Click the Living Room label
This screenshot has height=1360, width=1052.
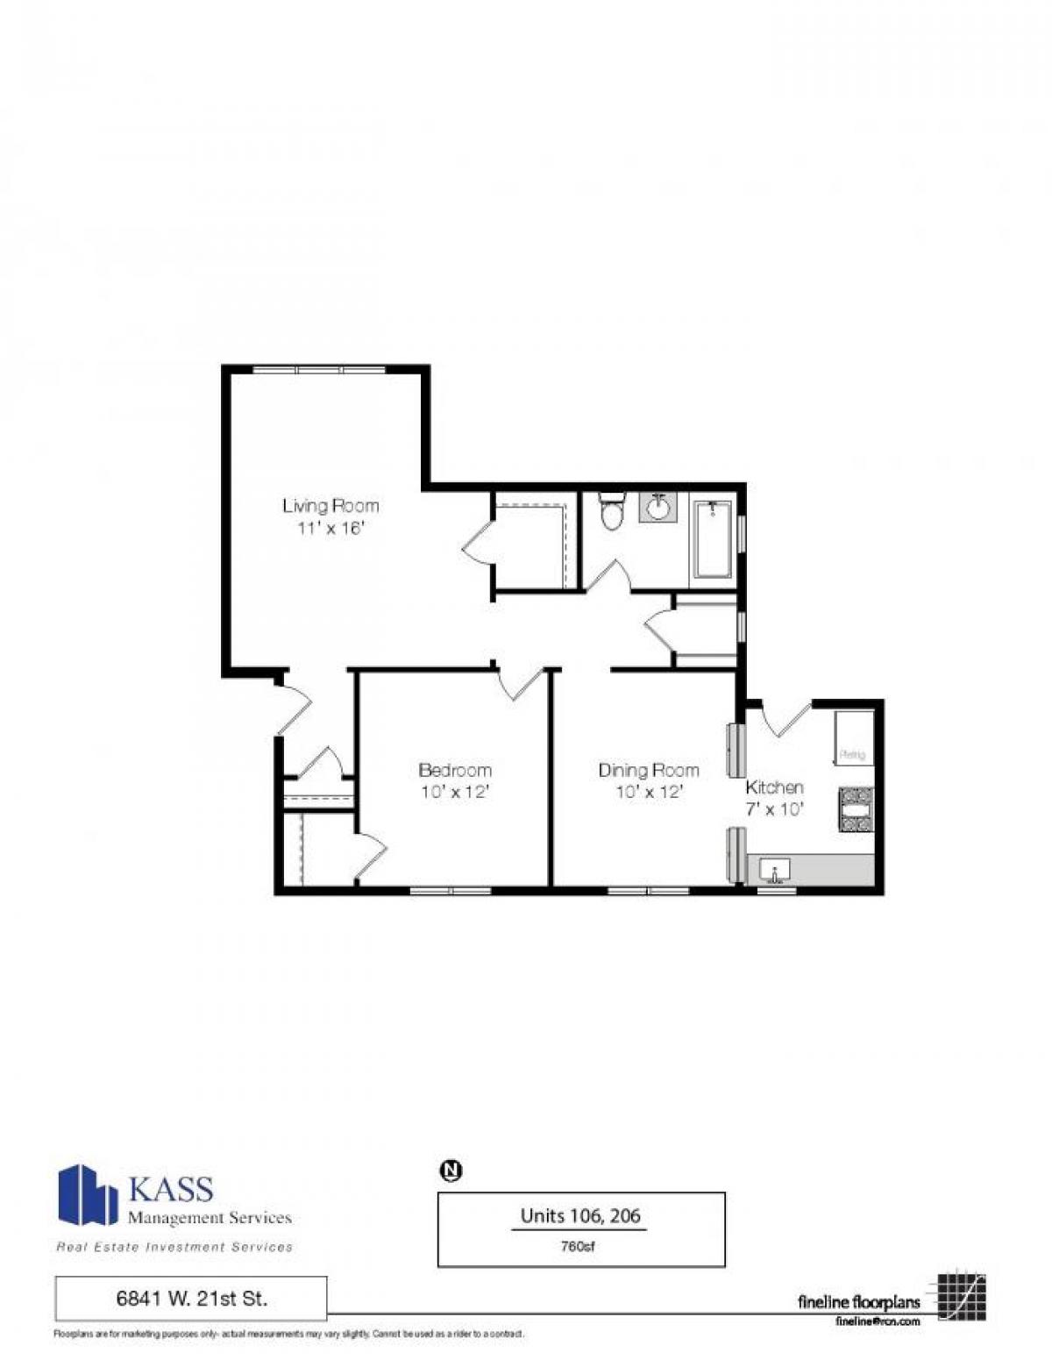(x=331, y=506)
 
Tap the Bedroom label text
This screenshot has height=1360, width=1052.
(x=454, y=770)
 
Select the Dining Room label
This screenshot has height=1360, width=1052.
(x=648, y=770)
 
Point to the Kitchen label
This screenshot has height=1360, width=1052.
(x=774, y=787)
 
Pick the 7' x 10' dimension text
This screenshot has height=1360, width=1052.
(x=774, y=809)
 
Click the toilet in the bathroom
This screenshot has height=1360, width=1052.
(x=611, y=512)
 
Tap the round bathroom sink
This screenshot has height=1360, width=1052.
(x=658, y=508)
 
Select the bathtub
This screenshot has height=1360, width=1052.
(x=713, y=539)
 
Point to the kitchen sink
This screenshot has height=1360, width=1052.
(x=775, y=871)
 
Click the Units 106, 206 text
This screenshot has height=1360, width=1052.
(x=580, y=1215)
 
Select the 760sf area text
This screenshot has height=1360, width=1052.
(x=580, y=1246)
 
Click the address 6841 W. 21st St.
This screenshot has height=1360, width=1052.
(x=191, y=1299)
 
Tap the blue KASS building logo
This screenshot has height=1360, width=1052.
(x=87, y=1194)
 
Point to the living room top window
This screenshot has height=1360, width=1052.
(x=319, y=370)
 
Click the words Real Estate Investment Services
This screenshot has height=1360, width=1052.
(x=174, y=1247)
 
